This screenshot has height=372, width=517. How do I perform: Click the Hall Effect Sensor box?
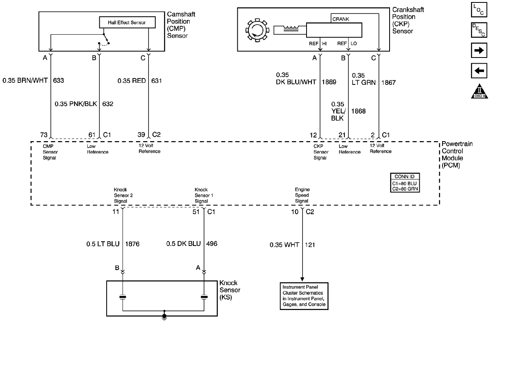pyautogui.click(x=127, y=22)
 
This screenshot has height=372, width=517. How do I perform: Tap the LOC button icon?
pyautogui.click(x=479, y=10)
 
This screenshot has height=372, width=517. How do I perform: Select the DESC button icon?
pyautogui.click(x=479, y=30)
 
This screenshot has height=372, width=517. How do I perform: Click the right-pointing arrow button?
pyautogui.click(x=479, y=51)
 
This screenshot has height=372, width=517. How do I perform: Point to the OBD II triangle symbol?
pyautogui.click(x=480, y=91)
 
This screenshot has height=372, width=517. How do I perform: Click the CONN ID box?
pyautogui.click(x=405, y=183)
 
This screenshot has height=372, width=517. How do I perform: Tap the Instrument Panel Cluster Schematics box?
pyautogui.click(x=304, y=296)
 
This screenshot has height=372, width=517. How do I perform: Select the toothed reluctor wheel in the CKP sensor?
pyautogui.click(x=257, y=30)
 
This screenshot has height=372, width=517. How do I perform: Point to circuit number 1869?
pyautogui.click(x=329, y=82)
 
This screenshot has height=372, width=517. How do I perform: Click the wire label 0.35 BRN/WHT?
pyautogui.click(x=25, y=80)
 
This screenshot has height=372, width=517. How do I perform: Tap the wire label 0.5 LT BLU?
pyautogui.click(x=103, y=244)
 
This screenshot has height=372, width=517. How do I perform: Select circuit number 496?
pyautogui.click(x=212, y=244)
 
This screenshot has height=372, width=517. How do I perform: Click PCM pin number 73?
pyautogui.click(x=44, y=135)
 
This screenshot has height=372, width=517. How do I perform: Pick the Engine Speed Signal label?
pyautogui.click(x=302, y=195)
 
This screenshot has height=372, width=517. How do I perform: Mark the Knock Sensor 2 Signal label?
pyautogui.click(x=123, y=195)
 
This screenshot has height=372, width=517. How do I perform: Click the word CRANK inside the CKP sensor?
pyautogui.click(x=341, y=19)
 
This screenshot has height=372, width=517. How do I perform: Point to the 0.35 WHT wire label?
pyautogui.click(x=284, y=245)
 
